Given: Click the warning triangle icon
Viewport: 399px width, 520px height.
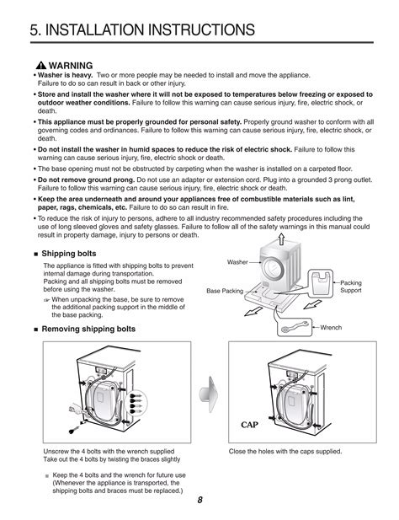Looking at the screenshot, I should [42, 64].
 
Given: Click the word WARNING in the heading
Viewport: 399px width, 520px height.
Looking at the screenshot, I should [70, 64].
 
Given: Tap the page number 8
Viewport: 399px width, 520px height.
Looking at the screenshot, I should [200, 501].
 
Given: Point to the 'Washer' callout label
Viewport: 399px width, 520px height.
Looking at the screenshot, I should [238, 262].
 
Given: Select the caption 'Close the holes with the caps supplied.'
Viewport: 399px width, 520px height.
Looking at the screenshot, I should [285, 452].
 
